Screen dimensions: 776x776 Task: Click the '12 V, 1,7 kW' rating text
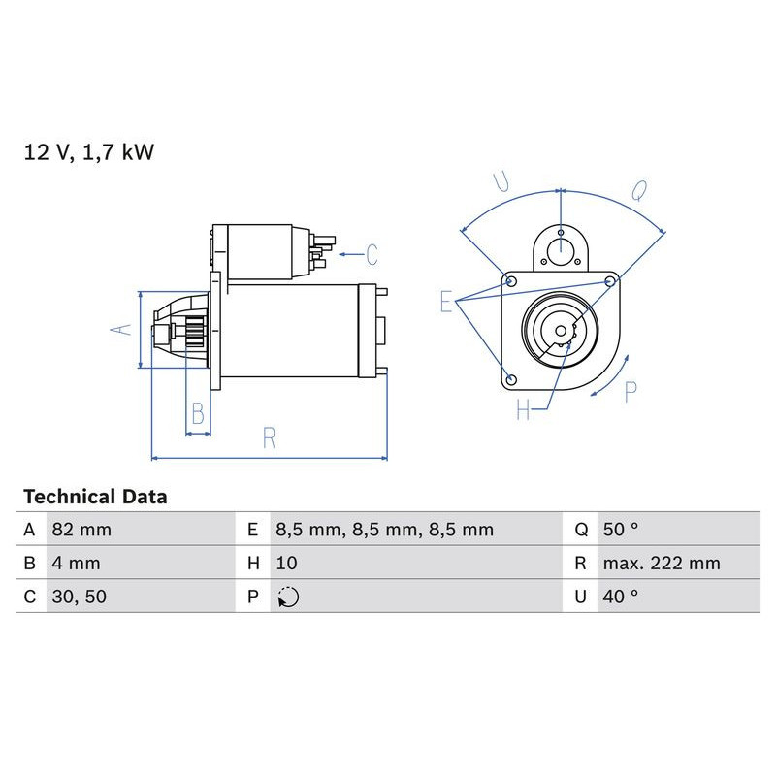tap(89, 152)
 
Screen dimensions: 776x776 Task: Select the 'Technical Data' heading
tap(95, 497)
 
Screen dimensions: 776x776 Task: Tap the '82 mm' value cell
tap(81, 530)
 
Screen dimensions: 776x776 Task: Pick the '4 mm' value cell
tap(76, 564)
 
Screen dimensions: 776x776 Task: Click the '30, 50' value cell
tap(79, 597)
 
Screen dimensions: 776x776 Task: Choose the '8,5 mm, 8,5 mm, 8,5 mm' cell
tap(384, 530)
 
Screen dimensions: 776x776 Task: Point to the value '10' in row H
tap(286, 564)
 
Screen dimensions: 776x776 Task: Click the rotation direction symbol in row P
tap(288, 598)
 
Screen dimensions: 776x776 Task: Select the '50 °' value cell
tap(620, 530)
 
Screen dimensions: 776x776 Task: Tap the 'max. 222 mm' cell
tap(661, 564)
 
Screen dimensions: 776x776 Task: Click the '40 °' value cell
tap(620, 597)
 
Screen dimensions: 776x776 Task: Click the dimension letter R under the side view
tap(270, 438)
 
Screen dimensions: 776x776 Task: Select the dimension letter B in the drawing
tap(198, 414)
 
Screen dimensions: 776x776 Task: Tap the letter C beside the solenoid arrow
tap(372, 255)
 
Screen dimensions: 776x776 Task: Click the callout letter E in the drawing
tap(446, 302)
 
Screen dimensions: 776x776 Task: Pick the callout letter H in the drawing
tap(524, 411)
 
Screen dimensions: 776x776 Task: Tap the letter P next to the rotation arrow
tap(630, 391)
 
